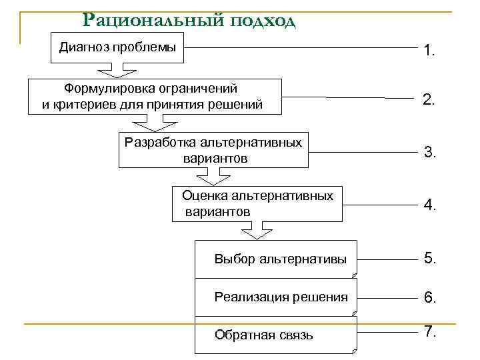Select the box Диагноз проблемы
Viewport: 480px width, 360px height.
click(118, 47)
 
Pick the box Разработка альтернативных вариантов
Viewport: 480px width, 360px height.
click(214, 150)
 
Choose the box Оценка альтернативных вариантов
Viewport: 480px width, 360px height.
click(257, 203)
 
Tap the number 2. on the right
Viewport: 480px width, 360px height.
click(429, 101)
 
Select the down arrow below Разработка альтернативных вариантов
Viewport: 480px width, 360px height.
click(211, 176)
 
